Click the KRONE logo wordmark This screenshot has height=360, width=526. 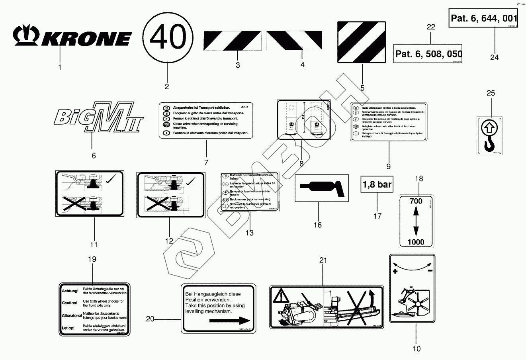[x=72, y=36]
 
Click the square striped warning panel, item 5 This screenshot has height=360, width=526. [x=362, y=42]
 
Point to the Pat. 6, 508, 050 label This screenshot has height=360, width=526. [x=428, y=54]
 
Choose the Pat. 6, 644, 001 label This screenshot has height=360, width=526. [x=483, y=18]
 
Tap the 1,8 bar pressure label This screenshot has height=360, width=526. [x=377, y=184]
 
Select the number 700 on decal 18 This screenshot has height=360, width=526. [x=416, y=202]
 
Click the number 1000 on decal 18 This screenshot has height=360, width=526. [x=416, y=242]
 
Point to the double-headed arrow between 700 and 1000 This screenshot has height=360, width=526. [x=416, y=222]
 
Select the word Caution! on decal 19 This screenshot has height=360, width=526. [x=69, y=303]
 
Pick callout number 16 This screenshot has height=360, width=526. [x=317, y=225]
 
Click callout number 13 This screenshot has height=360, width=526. [x=249, y=233]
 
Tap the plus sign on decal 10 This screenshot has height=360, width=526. [x=395, y=272]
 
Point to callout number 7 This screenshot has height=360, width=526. [x=206, y=162]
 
